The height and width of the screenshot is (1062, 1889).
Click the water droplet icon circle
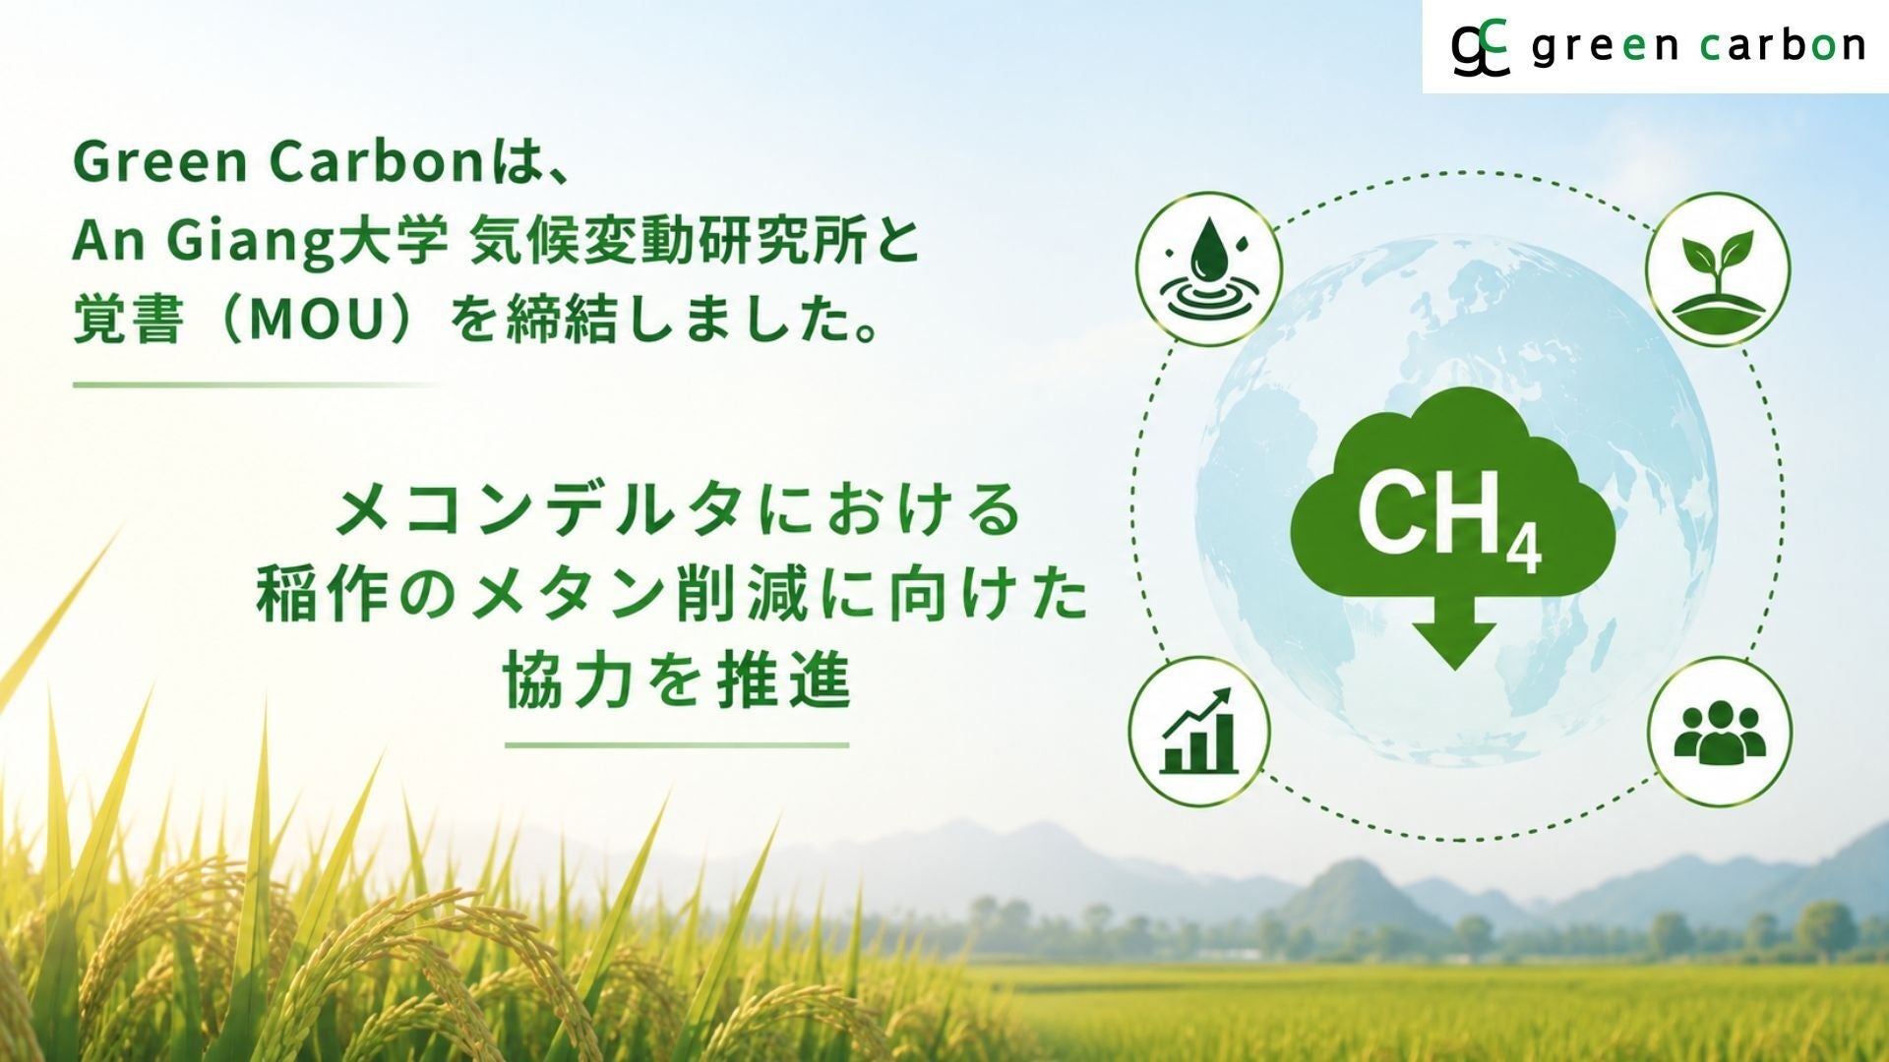point(1209,268)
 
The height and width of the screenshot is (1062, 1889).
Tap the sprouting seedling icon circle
point(1718,268)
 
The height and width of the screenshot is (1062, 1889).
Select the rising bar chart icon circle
point(1199,731)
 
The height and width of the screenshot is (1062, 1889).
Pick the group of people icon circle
point(1720,731)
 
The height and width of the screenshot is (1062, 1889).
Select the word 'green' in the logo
point(1605,47)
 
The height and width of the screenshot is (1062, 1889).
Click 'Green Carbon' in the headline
point(277,163)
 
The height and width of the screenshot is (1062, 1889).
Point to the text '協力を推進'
point(677,681)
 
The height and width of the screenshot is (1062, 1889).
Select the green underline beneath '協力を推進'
point(677,745)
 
